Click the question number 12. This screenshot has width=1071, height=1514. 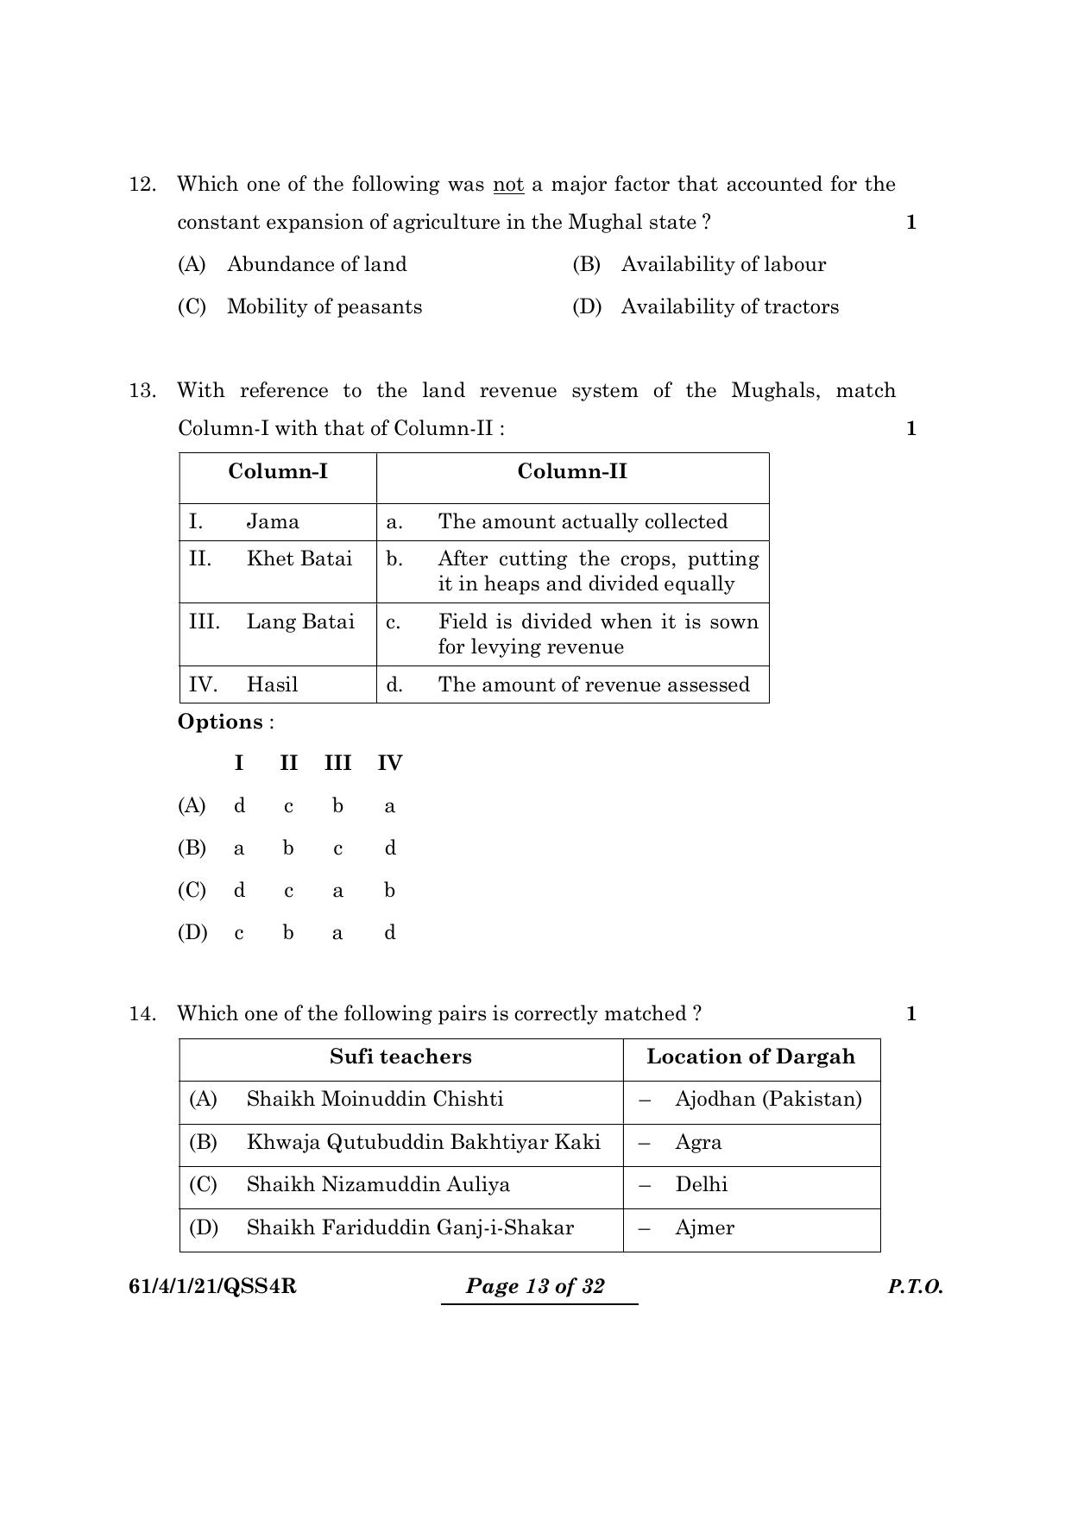pyautogui.click(x=142, y=185)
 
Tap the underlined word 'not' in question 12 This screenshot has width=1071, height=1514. pyautogui.click(x=508, y=185)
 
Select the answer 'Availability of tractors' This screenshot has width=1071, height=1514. pyautogui.click(x=729, y=307)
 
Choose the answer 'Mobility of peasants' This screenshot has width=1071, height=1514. pyautogui.click(x=324, y=307)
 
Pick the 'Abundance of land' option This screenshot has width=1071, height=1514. pyautogui.click(x=317, y=265)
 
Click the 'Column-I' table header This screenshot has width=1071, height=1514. pyautogui.click(x=278, y=471)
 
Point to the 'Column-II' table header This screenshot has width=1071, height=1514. pyautogui.click(x=572, y=471)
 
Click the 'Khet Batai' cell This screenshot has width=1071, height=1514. pyautogui.click(x=299, y=559)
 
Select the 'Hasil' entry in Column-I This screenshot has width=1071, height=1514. pyautogui.click(x=272, y=685)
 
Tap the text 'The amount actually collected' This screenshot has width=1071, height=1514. pyautogui.click(x=583, y=522)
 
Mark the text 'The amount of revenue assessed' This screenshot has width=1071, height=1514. pyautogui.click(x=594, y=685)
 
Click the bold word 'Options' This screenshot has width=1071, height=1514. pyautogui.click(x=220, y=722)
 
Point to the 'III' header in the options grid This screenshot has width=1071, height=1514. pyautogui.click(x=337, y=764)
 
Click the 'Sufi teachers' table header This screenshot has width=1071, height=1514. pyautogui.click(x=400, y=1057)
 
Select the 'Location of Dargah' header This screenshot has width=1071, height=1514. pyautogui.click(x=751, y=1057)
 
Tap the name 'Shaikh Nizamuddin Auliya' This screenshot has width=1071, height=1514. pyautogui.click(x=378, y=1185)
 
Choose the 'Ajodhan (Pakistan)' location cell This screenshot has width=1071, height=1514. pyautogui.click(x=768, y=1100)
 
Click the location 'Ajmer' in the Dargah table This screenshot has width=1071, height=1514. pyautogui.click(x=704, y=1228)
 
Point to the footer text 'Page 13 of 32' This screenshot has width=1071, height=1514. pyautogui.click(x=535, y=1287)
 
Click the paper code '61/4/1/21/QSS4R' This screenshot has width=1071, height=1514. pyautogui.click(x=212, y=1287)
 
